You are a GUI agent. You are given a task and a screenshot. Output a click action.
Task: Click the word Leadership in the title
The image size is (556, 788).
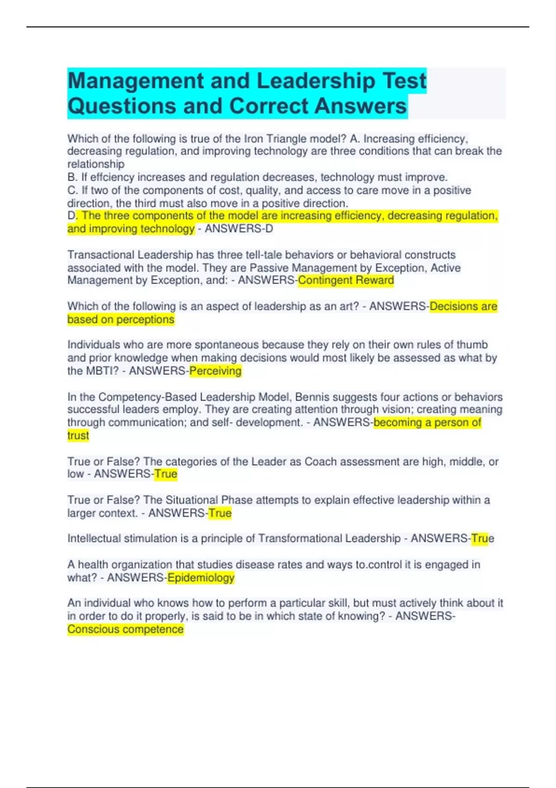click(316, 81)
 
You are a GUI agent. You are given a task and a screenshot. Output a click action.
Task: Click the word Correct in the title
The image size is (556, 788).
click(271, 106)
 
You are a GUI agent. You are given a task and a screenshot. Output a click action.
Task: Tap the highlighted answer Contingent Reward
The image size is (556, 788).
click(346, 280)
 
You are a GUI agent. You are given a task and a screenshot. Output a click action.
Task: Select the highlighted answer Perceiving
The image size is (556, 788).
click(215, 371)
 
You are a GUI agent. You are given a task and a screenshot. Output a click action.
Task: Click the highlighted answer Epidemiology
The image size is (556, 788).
click(201, 578)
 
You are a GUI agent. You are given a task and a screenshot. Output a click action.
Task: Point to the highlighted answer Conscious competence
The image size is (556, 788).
click(126, 629)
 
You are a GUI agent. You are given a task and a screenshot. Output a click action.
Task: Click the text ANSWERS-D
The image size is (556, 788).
click(239, 229)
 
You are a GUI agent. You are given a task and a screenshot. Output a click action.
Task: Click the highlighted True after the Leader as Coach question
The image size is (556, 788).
click(166, 474)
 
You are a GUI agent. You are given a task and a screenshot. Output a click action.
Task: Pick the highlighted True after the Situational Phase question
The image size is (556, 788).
click(220, 513)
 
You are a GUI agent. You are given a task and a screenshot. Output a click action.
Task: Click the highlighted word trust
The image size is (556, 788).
click(78, 435)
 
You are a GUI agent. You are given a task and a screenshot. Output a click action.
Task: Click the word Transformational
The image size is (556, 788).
click(298, 539)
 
